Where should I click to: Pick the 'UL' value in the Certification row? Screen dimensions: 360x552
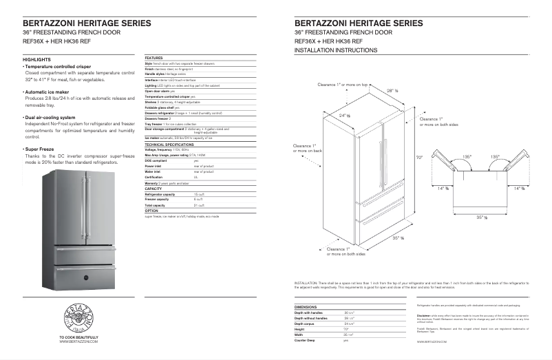click(195, 177)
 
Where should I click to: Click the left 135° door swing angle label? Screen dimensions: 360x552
click(467, 157)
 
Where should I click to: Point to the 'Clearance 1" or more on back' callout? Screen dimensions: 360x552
click(304, 148)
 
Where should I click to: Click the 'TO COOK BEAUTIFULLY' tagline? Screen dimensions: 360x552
click(79, 337)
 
